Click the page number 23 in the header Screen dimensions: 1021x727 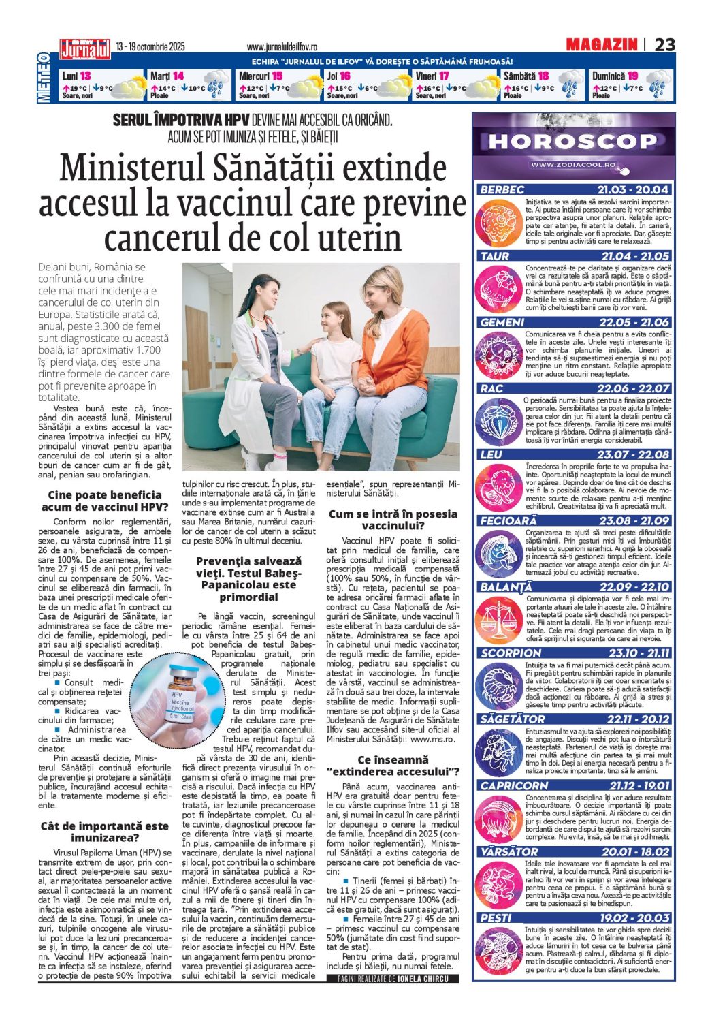[664, 45]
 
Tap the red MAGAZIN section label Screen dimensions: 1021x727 [601, 45]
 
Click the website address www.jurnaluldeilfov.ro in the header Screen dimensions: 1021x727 [282, 47]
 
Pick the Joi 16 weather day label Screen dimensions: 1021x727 [338, 76]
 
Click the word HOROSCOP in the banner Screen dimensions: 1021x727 [572, 142]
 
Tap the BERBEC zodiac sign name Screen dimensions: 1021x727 [502, 190]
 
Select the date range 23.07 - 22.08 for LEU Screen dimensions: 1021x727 [633, 454]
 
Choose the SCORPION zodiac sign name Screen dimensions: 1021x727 [511, 653]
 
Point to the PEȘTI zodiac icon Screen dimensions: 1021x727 [499, 949]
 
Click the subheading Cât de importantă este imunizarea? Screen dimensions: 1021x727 [104, 832]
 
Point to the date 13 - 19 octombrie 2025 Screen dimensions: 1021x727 [150, 47]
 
